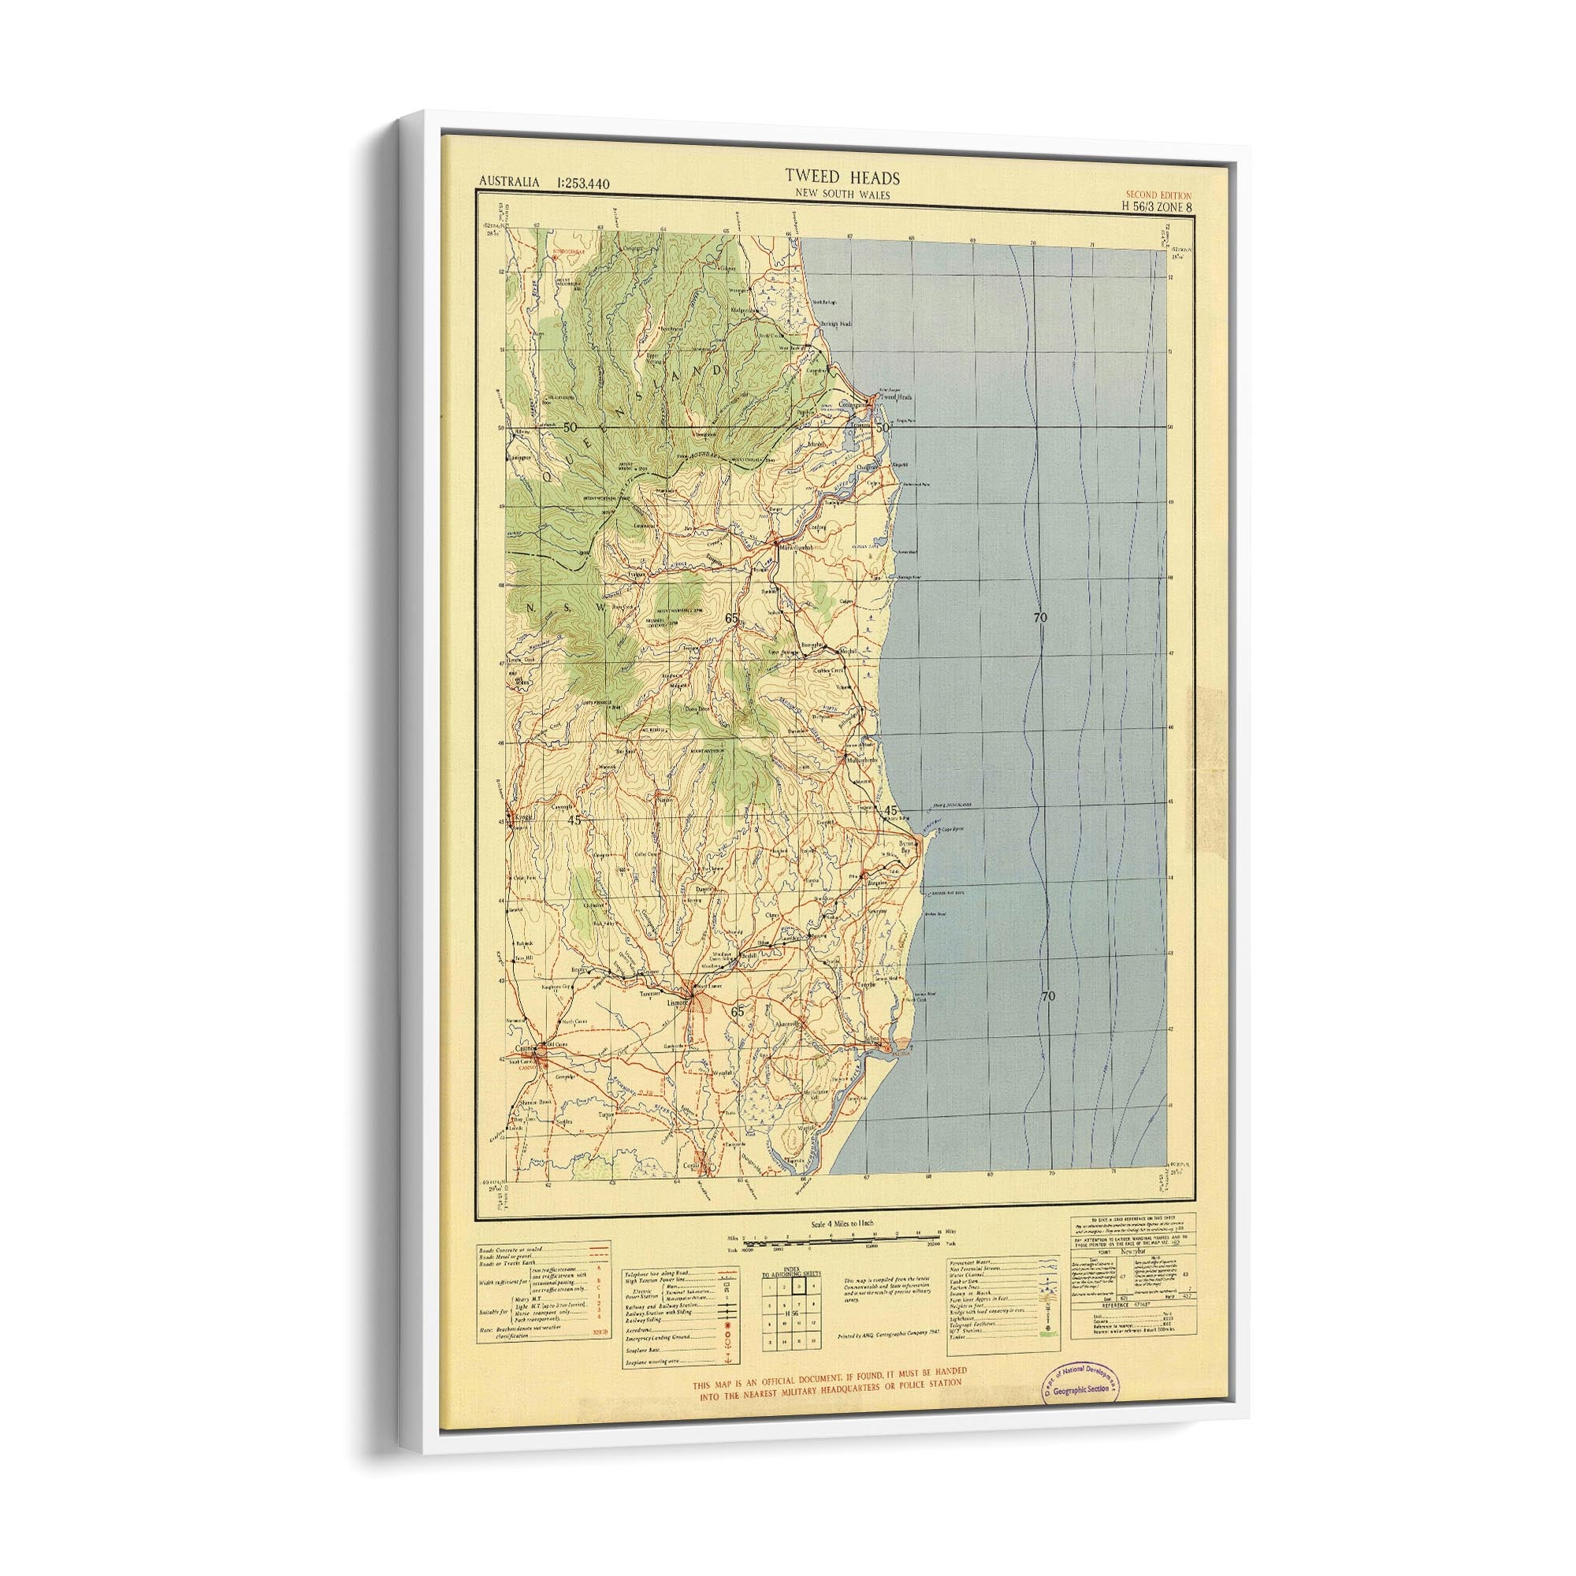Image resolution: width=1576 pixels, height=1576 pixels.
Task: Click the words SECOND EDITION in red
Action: (x=1158, y=195)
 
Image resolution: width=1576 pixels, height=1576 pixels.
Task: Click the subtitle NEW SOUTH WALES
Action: (x=831, y=193)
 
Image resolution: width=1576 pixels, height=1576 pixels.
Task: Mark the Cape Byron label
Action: (x=948, y=830)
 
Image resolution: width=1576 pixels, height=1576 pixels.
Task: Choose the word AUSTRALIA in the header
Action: (x=509, y=182)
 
